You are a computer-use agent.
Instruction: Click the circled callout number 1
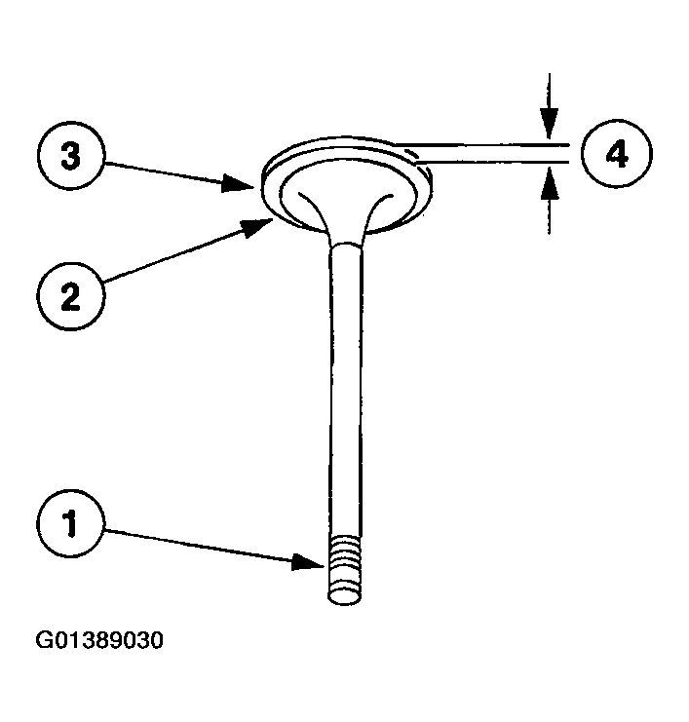pos(69,527)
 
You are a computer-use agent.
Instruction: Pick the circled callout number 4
pos(616,155)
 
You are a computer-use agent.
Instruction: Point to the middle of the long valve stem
pos(347,390)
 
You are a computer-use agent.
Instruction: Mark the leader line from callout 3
pos(166,171)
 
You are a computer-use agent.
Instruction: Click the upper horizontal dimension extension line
pos(487,144)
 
